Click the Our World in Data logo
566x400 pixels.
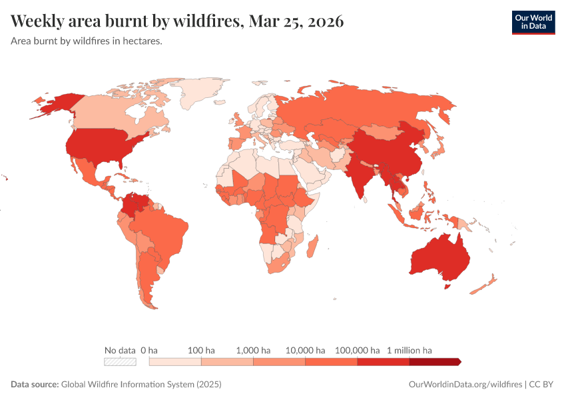point(533,22)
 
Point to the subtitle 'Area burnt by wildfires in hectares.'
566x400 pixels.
point(87,41)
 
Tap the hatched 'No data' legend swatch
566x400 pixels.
point(120,362)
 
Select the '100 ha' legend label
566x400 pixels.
point(201,350)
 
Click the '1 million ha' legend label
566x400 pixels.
point(410,350)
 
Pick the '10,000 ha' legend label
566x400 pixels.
point(305,350)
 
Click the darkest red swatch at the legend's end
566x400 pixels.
point(434,362)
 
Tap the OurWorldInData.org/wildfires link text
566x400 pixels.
point(465,385)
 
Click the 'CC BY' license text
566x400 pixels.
point(542,385)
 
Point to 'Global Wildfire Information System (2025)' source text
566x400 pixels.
point(141,385)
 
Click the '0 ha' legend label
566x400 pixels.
point(149,350)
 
